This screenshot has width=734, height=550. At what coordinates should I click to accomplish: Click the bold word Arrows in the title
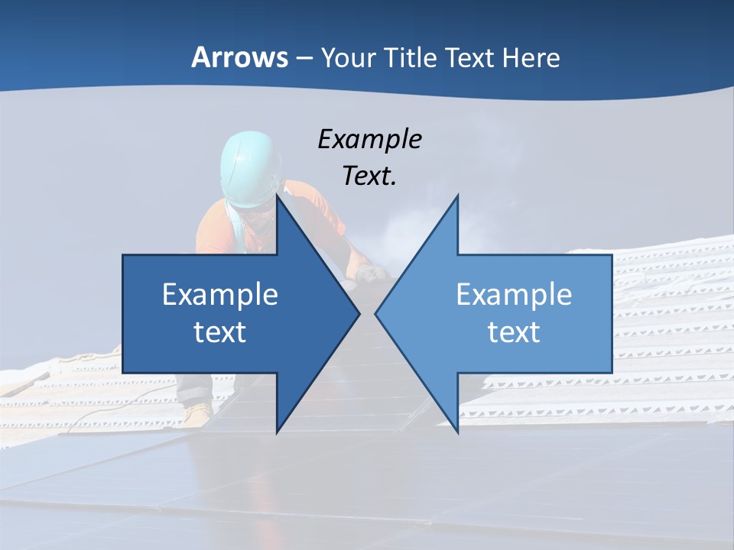click(239, 57)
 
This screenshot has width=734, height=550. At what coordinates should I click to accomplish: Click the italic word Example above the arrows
click(369, 140)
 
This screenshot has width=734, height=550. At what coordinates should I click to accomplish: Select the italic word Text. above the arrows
click(369, 176)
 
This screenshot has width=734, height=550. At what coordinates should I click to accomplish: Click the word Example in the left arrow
click(219, 294)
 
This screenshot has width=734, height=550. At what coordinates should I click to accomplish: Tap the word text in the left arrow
click(219, 332)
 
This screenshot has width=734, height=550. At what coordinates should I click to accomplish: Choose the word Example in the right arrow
click(514, 294)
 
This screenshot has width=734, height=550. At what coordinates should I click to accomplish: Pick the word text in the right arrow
click(514, 332)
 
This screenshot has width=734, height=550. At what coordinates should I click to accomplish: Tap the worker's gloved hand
click(372, 273)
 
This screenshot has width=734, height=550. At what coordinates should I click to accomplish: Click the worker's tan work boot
click(197, 413)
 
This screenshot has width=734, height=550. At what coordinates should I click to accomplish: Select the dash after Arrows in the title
click(304, 58)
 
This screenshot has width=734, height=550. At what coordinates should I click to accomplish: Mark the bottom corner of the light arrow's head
click(457, 432)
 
